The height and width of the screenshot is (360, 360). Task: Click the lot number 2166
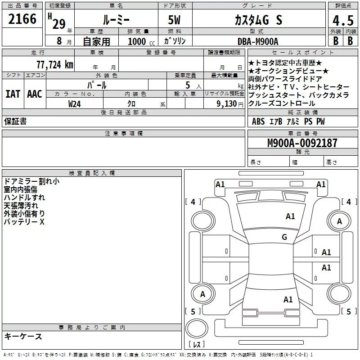click(x=22, y=19)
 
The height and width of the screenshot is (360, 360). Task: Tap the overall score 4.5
click(x=343, y=21)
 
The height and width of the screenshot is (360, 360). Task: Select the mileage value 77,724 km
click(x=55, y=65)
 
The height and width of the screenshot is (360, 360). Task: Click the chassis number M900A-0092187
click(x=302, y=143)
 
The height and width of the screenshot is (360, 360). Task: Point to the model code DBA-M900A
click(x=258, y=41)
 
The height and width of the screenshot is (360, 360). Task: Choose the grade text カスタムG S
click(x=258, y=20)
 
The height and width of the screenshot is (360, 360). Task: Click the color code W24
click(x=74, y=104)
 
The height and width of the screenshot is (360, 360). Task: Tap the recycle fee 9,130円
click(x=230, y=104)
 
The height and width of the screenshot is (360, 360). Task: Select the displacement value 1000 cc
click(x=141, y=41)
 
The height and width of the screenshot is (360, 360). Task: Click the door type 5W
click(x=174, y=20)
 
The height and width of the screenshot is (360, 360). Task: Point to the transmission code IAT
click(x=13, y=94)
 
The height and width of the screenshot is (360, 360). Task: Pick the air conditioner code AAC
click(x=35, y=94)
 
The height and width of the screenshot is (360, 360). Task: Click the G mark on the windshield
click(x=284, y=237)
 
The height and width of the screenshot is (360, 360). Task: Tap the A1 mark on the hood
click(x=290, y=216)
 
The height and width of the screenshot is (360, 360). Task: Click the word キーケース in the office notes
click(x=23, y=336)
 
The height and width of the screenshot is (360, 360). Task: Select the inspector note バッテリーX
click(x=24, y=222)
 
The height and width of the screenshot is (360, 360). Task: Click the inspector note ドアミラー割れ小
click(x=31, y=181)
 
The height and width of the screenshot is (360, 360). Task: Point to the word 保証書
click(x=15, y=121)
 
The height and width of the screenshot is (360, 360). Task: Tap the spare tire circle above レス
click(x=197, y=328)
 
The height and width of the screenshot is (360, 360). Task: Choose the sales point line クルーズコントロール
click(x=282, y=103)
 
